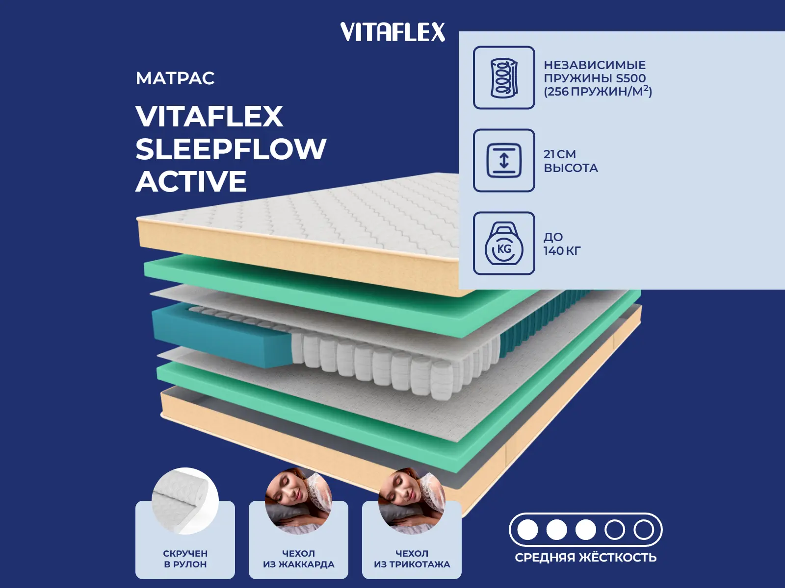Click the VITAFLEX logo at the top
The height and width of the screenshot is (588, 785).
coord(392,32)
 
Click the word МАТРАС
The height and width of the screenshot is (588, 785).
coord(175,78)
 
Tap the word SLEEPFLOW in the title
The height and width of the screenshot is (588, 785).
coord(231,149)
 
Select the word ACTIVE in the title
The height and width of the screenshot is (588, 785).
coord(191,181)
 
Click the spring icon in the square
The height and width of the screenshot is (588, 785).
coord(504,78)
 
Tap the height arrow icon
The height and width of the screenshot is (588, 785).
coord(504,160)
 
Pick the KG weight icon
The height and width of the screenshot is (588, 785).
coord(504,243)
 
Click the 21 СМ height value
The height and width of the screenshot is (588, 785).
coord(560,154)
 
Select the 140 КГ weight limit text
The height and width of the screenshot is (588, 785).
coord(562,250)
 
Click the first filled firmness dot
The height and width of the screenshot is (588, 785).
coord(527,530)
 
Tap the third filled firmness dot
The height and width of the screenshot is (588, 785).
coord(585,530)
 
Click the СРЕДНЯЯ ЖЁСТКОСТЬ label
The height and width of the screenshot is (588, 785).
coord(585,557)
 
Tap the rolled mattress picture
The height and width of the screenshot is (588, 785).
coord(185,501)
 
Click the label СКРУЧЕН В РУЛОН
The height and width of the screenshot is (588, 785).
coord(185,559)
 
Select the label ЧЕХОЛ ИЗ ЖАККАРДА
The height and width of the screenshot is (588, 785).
coord(299,559)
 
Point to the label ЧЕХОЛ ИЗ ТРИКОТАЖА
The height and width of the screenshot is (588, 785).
coord(412,559)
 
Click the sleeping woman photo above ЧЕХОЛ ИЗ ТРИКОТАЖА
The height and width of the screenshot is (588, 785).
coord(412,501)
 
